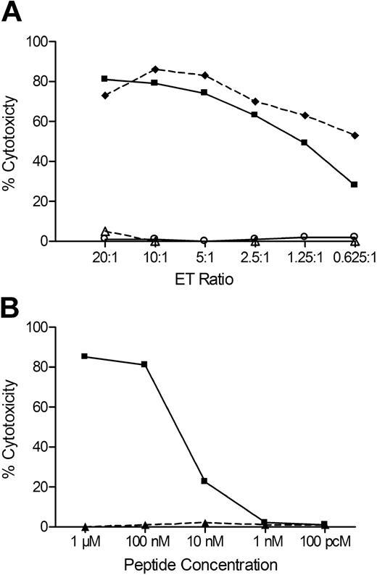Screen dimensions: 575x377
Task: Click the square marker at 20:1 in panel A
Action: tap(105, 78)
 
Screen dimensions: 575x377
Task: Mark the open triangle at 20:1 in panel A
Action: tap(105, 230)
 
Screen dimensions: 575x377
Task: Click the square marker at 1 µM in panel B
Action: tap(86, 356)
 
